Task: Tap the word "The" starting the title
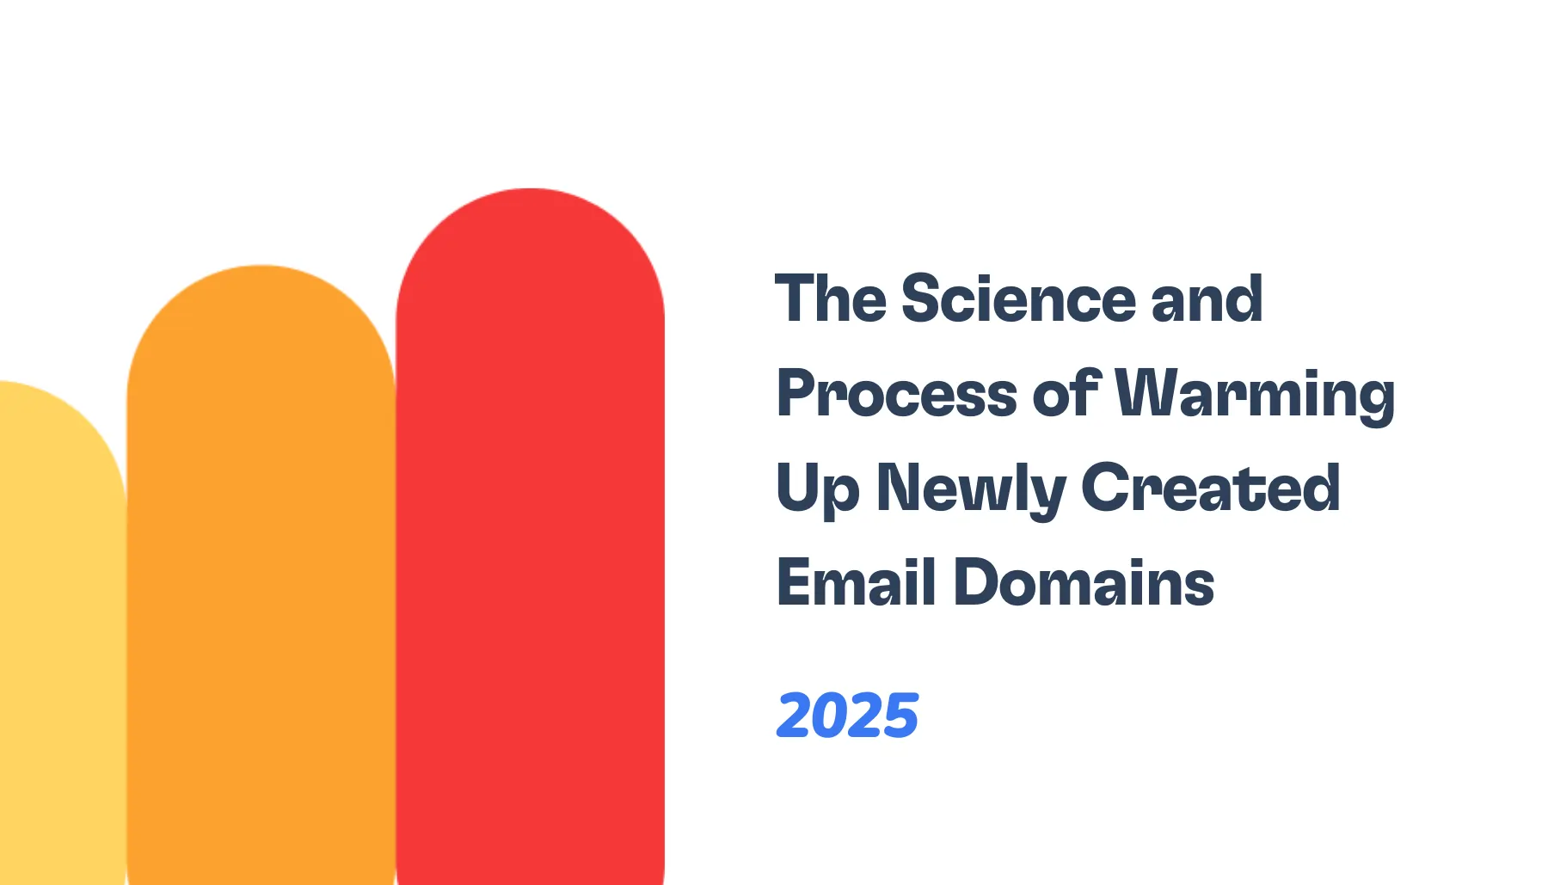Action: pyautogui.click(x=831, y=299)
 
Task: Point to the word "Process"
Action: pyautogui.click(x=897, y=394)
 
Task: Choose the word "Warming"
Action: pyautogui.click(x=1255, y=394)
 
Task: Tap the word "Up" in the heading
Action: pyautogui.click(x=817, y=489)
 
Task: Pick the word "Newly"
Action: pyautogui.click(x=970, y=489)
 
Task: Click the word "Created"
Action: pyautogui.click(x=1210, y=489)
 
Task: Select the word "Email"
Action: pyautogui.click(x=857, y=583)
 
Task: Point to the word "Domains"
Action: pyautogui.click(x=1084, y=583)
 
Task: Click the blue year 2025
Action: pyautogui.click(x=848, y=716)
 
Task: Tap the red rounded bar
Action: pyautogui.click(x=530, y=559)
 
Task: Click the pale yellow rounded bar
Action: pyautogui.click(x=60, y=645)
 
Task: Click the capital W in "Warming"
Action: pyautogui.click(x=1146, y=394)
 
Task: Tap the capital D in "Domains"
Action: pyautogui.click(x=977, y=583)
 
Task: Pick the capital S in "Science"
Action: pyautogui.click(x=922, y=299)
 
